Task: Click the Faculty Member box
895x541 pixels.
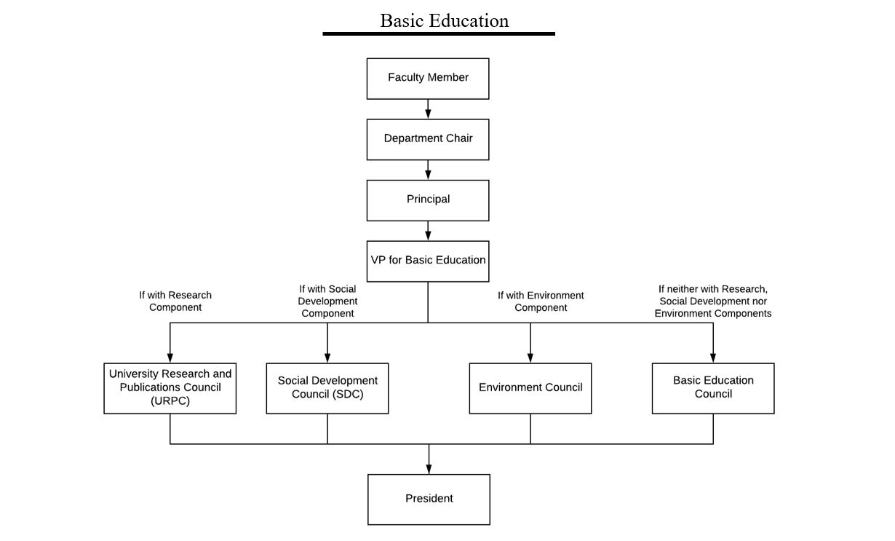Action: [428, 79]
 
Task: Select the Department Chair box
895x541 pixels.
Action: [428, 140]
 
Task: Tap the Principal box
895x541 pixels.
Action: [428, 200]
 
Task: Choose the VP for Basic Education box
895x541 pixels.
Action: [428, 261]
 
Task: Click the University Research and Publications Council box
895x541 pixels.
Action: [170, 388]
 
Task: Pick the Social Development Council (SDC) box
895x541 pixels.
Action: [327, 388]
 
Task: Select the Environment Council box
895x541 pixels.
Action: [530, 388]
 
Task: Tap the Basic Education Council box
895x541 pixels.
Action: [713, 388]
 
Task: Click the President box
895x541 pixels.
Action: [429, 499]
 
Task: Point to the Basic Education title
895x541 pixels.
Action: [445, 21]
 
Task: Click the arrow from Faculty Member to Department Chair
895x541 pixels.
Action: [428, 109]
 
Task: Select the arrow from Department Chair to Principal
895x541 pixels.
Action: [428, 170]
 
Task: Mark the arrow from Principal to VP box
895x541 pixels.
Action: [428, 231]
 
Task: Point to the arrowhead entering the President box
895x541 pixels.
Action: [429, 470]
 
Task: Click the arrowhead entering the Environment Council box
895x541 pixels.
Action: [530, 358]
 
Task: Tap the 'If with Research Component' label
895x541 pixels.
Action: [175, 301]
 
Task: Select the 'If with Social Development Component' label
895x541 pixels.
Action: [327, 301]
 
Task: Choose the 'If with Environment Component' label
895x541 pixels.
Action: [541, 301]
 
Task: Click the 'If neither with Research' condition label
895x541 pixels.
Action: [713, 301]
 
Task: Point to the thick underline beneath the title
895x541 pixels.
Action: [439, 34]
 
